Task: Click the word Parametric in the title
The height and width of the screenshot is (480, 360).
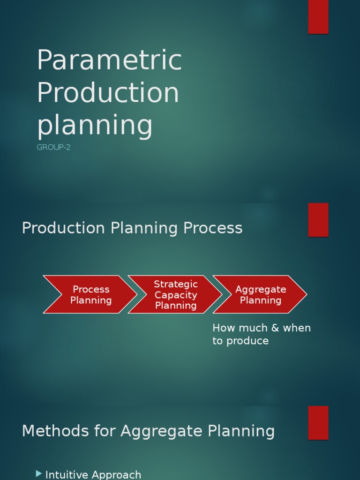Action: coord(109,60)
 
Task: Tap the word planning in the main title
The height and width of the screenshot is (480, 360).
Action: coord(95,126)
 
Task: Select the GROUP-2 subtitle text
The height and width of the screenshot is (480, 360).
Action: coord(53,148)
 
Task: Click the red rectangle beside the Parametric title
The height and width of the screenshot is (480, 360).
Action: coord(318,17)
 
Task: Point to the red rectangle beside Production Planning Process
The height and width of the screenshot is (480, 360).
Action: coord(318,220)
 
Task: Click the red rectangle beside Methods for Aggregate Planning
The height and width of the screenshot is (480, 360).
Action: coord(318,423)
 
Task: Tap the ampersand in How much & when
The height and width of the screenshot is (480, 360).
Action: coord(275,328)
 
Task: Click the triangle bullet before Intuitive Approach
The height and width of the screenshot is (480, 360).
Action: coord(39,474)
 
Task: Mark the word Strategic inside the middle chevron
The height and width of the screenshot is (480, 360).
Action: coord(176,284)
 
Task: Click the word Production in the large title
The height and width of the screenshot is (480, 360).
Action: coord(108,93)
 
